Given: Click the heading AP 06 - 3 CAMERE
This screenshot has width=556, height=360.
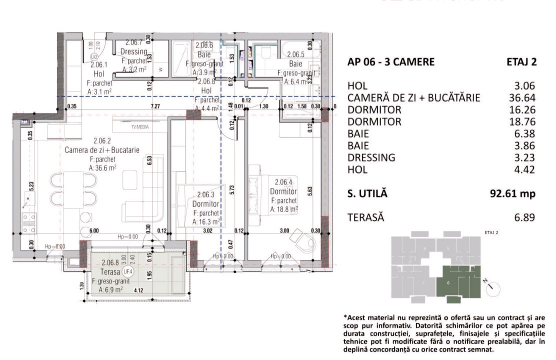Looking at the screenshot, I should tap(390, 62).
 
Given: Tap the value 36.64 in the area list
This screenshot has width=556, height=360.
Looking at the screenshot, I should tap(522, 98).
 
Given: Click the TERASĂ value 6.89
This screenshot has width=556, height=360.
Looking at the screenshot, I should tap(525, 217).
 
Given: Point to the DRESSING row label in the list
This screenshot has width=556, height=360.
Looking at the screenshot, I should tap(371, 157).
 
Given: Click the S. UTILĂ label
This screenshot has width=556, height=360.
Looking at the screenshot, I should tap(367, 193).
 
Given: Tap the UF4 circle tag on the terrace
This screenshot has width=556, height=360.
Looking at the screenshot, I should tap(128, 271).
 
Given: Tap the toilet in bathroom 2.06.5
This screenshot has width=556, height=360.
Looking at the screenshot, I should tap(266, 52).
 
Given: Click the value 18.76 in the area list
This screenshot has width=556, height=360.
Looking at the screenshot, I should tap(522, 122).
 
